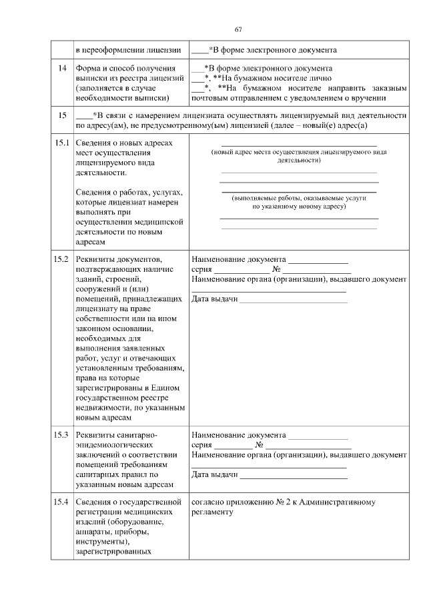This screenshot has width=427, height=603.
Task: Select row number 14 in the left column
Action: [x=62, y=69]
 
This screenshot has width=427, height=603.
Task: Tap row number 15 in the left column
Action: [x=62, y=115]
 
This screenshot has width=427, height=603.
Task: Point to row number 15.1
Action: [x=62, y=143]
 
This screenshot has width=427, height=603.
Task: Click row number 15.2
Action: [x=62, y=259]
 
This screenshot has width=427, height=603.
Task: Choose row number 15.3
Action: [x=62, y=435]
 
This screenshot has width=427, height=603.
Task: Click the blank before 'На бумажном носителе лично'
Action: [x=197, y=78]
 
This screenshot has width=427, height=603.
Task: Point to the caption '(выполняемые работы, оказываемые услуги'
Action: [x=299, y=199]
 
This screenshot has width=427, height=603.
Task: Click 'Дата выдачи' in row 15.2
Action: [x=214, y=299]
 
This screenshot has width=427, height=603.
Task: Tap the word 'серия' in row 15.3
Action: [x=201, y=444]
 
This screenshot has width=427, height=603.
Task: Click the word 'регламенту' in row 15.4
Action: [x=212, y=512]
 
